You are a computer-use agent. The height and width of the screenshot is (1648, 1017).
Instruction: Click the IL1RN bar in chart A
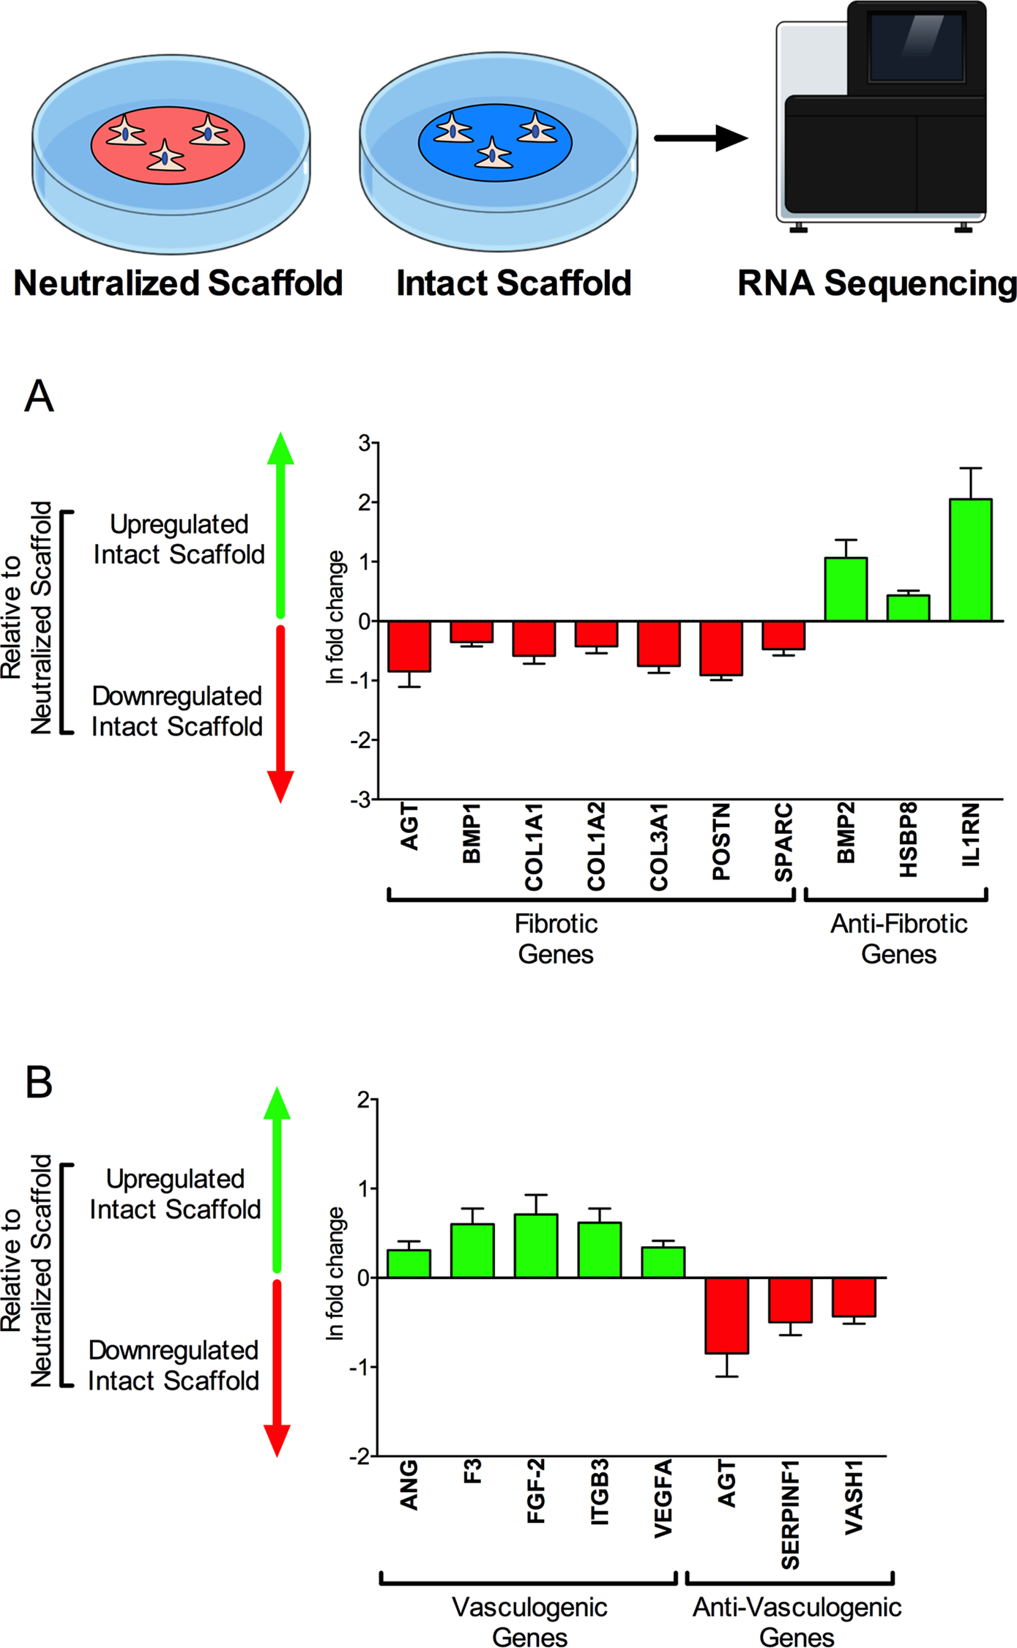pyautogui.click(x=970, y=560)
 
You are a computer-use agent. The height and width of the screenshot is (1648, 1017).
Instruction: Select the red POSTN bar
pyautogui.click(x=720, y=648)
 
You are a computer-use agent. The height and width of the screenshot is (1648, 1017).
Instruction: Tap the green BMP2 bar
pyautogui.click(x=846, y=589)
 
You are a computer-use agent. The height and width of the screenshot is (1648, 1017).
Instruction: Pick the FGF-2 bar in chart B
pyautogui.click(x=536, y=1245)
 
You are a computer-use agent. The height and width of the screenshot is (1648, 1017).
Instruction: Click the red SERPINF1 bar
pyautogui.click(x=790, y=1300)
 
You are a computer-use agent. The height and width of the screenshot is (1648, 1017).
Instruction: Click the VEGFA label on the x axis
pyautogui.click(x=663, y=1498)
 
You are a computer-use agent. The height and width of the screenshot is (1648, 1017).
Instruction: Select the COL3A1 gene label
pyautogui.click(x=659, y=846)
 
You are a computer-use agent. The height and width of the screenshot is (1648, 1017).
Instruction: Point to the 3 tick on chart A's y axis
pyautogui.click(x=364, y=443)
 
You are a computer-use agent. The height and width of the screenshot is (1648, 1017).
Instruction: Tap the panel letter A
pyautogui.click(x=39, y=396)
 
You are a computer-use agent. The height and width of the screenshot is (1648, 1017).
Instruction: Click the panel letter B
pyautogui.click(x=39, y=1081)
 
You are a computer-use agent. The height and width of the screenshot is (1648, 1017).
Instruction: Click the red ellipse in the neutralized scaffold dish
pyautogui.click(x=168, y=145)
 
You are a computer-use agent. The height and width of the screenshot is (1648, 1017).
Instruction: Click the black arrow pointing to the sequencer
pyautogui.click(x=700, y=138)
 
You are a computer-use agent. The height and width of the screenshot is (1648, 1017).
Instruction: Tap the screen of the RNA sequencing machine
pyautogui.click(x=915, y=46)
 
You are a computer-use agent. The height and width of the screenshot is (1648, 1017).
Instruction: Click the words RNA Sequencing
pyautogui.click(x=876, y=283)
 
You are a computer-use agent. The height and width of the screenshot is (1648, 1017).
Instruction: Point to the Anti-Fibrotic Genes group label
pyautogui.click(x=898, y=939)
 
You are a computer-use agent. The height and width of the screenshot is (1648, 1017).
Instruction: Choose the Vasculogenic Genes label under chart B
pyautogui.click(x=529, y=1622)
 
